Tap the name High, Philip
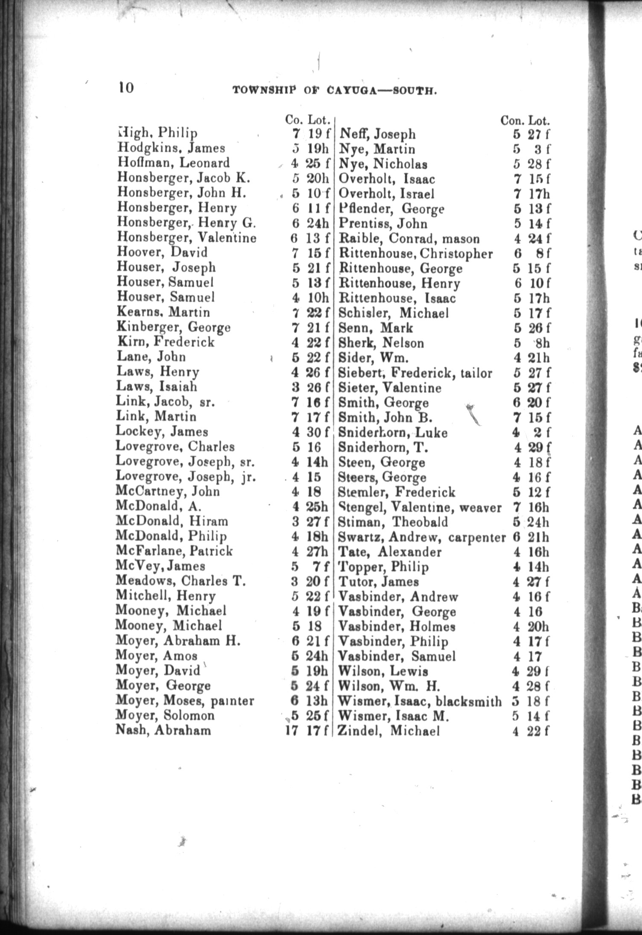pyautogui.click(x=157, y=134)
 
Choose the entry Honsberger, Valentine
pyautogui.click(x=187, y=237)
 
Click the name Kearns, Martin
pyautogui.click(x=163, y=312)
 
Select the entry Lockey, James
pyautogui.click(x=162, y=432)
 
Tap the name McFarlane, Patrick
pyautogui.click(x=174, y=551)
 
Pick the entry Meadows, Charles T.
pyautogui.click(x=180, y=581)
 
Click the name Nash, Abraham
pyautogui.click(x=163, y=730)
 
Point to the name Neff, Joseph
pyautogui.click(x=377, y=134)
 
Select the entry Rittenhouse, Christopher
pyautogui.click(x=415, y=254)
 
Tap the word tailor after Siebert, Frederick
pyautogui.click(x=476, y=373)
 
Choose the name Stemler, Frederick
pyautogui.click(x=397, y=493)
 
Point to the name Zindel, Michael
pyautogui.click(x=388, y=732)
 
